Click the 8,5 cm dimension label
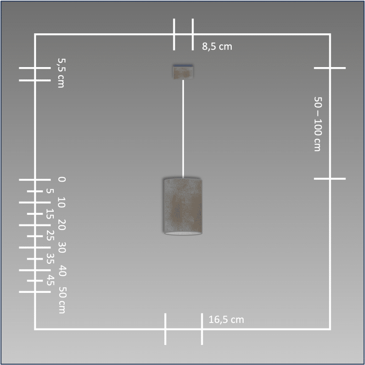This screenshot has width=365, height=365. coord(217,47)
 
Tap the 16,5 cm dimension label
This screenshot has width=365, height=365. coord(226,320)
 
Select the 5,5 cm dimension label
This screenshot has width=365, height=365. coord(61,73)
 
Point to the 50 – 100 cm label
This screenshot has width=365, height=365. coord(318,124)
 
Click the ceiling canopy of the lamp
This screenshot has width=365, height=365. coord(183,72)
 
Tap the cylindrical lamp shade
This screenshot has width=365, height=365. coord(183,207)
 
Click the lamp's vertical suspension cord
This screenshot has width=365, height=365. coord(183,129)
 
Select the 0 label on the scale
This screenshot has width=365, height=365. coord(62,179)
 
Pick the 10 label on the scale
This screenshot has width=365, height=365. coord(62,203)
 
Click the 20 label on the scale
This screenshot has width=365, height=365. coord(62,225)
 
